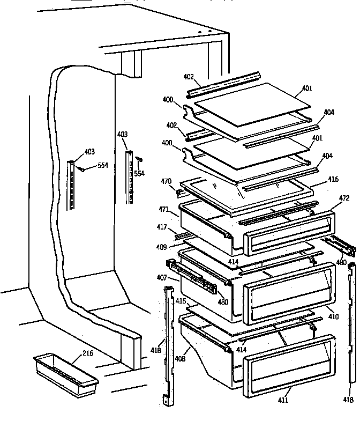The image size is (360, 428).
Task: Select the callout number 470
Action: pos(167,181)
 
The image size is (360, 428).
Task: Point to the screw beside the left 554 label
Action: pos(84,169)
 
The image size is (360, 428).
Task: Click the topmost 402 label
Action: pos(188,77)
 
